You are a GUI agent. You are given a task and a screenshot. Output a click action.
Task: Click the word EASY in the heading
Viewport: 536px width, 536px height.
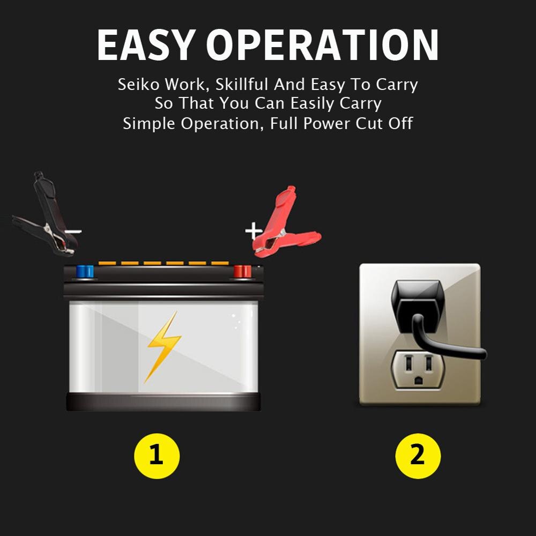(146, 45)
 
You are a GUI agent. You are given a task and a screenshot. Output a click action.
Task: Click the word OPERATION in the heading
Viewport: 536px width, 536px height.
(322, 45)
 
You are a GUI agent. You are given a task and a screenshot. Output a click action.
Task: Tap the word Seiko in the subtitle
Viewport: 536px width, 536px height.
(138, 84)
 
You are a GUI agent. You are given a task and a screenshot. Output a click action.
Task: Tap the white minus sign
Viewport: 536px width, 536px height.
(73, 232)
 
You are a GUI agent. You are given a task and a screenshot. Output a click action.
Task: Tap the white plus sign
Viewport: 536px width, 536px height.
(254, 231)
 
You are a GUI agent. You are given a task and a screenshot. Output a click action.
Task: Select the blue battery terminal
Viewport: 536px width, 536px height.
(85, 271)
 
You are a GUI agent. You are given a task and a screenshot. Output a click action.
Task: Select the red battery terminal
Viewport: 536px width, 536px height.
(242, 271)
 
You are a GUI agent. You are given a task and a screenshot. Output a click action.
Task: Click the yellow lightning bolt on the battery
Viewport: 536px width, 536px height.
(163, 346)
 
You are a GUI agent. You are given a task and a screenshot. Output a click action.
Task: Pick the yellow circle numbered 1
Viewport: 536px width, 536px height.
(157, 456)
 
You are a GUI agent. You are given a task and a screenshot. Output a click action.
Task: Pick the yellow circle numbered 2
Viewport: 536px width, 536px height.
(418, 456)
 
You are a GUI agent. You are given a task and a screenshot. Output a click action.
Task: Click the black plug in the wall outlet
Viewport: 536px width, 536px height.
(418, 308)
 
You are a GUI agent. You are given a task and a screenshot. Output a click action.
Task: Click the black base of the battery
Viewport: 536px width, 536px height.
(163, 401)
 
